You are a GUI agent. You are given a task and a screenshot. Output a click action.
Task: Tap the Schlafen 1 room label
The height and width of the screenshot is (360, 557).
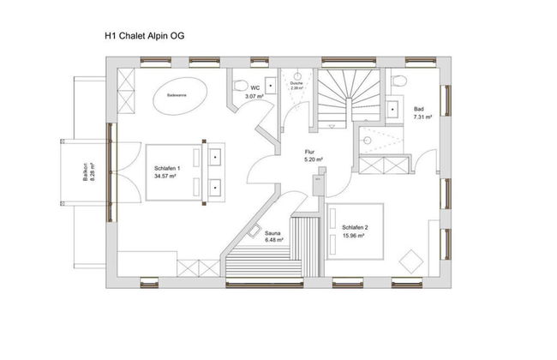167,169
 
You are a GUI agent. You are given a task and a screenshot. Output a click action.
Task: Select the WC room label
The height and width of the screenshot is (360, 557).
255,88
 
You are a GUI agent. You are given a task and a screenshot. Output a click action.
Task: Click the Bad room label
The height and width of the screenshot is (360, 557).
419,110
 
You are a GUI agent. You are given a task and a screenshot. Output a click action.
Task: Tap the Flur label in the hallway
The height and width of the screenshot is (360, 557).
310,152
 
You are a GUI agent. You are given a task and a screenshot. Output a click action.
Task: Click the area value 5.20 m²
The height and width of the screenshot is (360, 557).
313,159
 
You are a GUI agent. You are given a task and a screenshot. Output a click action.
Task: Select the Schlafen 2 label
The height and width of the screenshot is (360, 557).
355,227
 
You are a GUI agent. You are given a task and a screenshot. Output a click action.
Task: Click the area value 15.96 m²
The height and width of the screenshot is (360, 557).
355,235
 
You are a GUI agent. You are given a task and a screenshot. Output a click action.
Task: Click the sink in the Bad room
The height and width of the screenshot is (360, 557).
395,109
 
